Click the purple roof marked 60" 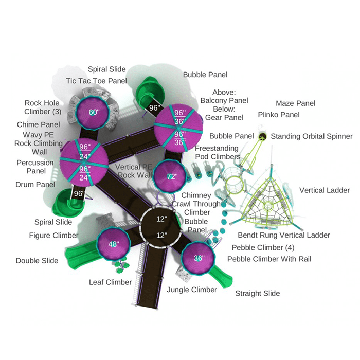pyautogui.click(x=93, y=112)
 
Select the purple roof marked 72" pyautogui.click(x=170, y=176)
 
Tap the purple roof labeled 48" pyautogui.click(x=114, y=244)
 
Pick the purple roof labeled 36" pyautogui.click(x=198, y=258)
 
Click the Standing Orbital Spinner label pyautogui.click(x=312, y=136)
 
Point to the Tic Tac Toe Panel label pyautogui.click(x=97, y=81)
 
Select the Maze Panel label pyautogui.click(x=296, y=103)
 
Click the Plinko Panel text pyautogui.click(x=279, y=115)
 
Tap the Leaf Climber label pyautogui.click(x=110, y=282)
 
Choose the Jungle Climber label pyautogui.click(x=192, y=290)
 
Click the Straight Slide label pyautogui.click(x=257, y=294)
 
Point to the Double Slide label pyautogui.click(x=37, y=261)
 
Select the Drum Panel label pyautogui.click(x=35, y=185)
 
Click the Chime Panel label pyautogui.click(x=39, y=124)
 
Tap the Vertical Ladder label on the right pyautogui.click(x=325, y=190)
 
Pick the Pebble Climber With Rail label pyautogui.click(x=269, y=259)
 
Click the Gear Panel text pyautogui.click(x=224, y=118)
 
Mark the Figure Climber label pyautogui.click(x=53, y=236)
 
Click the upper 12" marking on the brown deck pyautogui.click(x=161, y=219)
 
